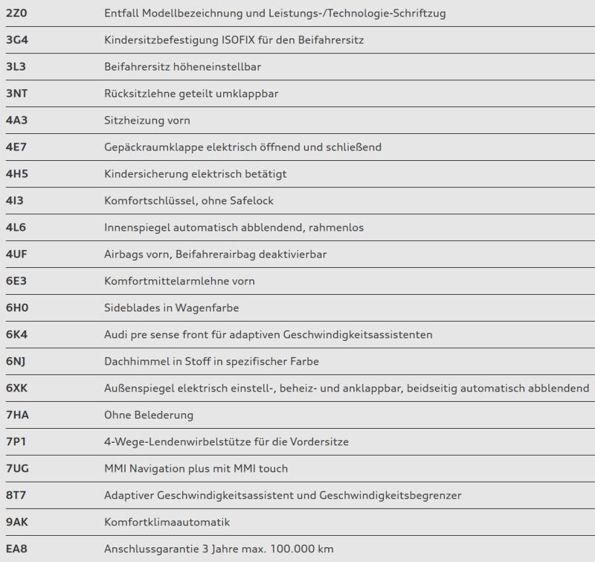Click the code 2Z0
coord(16,13)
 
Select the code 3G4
coord(16,39)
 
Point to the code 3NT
coord(16,93)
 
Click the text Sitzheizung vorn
coord(147,120)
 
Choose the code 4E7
coord(16,147)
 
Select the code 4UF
coord(16,254)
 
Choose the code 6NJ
coord(16,361)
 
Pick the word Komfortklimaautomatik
coord(167,522)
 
